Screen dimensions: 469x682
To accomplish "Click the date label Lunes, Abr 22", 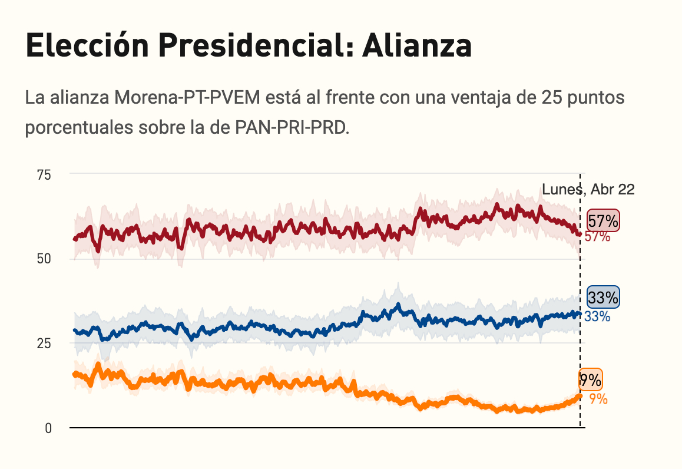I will click(x=588, y=190).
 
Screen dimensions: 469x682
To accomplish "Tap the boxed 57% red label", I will click(x=604, y=222).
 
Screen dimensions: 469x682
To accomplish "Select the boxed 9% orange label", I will click(x=590, y=381).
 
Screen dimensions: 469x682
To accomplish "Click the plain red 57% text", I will click(x=597, y=237).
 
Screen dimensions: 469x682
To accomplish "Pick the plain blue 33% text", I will click(x=597, y=316).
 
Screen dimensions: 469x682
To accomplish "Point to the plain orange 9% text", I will click(x=598, y=399).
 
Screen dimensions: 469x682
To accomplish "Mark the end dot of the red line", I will click(x=580, y=234).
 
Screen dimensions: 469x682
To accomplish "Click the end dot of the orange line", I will click(x=580, y=396).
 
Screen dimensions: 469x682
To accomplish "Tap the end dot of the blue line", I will click(x=580, y=314).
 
